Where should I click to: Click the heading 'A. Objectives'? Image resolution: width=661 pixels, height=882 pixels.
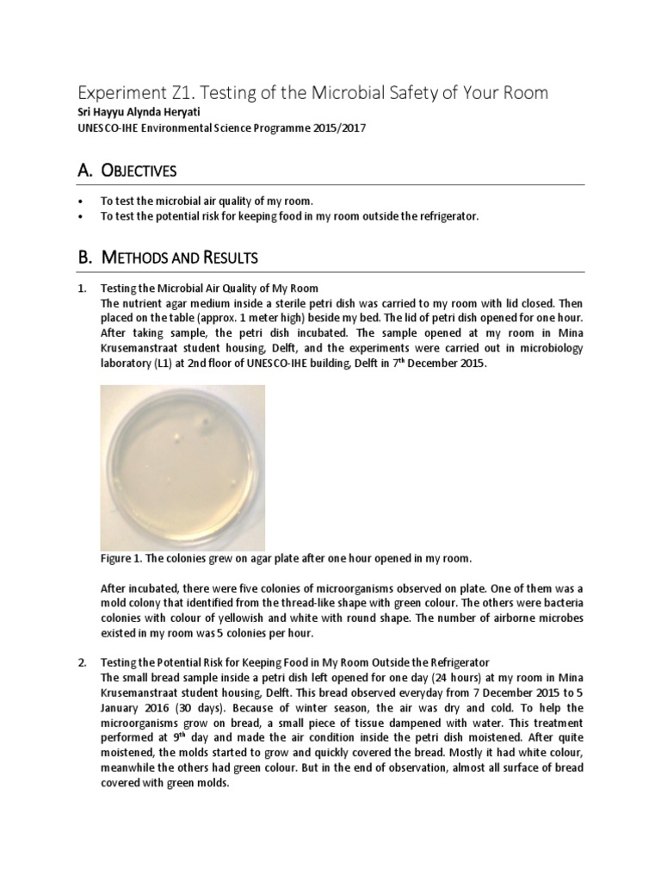point(127,171)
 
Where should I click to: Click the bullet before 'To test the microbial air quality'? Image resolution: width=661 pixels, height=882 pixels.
point(81,201)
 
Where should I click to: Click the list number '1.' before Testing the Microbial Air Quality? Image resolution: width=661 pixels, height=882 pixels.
point(82,288)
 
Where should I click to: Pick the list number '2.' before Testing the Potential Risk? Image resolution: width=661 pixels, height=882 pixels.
point(82,661)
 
